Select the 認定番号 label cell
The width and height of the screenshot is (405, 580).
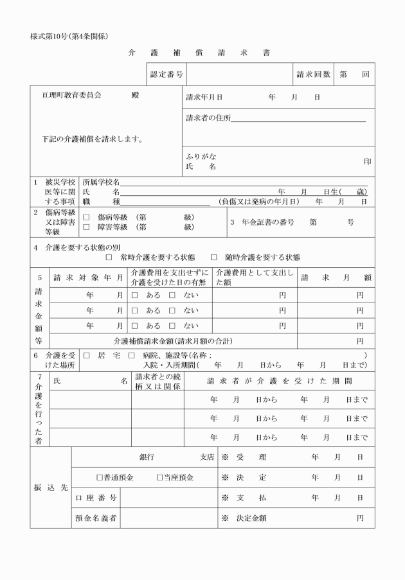coord(166,75)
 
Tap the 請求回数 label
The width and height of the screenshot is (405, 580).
coord(313,75)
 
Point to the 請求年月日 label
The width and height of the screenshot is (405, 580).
coord(204,97)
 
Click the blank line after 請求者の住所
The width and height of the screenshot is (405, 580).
coord(298,118)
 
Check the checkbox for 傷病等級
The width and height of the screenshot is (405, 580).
coord(86,217)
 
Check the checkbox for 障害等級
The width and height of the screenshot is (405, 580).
coord(86,227)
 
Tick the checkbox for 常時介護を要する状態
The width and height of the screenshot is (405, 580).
coord(109,258)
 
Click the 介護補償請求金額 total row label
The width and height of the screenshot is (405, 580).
coord(173,340)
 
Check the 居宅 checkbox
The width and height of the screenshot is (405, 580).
coord(86,355)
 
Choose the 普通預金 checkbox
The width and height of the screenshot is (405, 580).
coord(99,478)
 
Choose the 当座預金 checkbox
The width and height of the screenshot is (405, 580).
coord(159,478)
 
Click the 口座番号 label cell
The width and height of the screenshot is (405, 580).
coord(96,498)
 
